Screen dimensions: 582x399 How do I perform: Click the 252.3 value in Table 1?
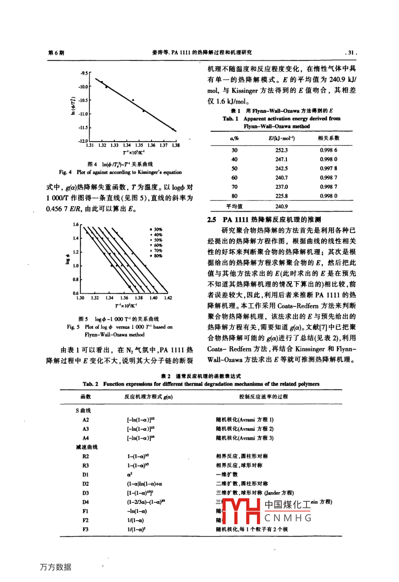tap(281, 150)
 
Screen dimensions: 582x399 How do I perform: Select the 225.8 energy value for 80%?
tap(281, 196)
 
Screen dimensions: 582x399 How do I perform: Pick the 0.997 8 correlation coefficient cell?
tap(328, 168)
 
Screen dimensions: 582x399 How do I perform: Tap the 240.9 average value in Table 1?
tap(281, 206)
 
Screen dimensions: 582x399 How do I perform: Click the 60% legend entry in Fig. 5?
tap(157, 245)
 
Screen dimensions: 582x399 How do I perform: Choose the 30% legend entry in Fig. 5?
tap(157, 229)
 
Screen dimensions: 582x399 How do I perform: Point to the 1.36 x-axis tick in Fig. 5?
tap(124, 298)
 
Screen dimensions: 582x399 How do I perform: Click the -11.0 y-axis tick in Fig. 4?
tap(83, 114)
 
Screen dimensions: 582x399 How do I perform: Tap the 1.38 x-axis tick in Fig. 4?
tap(176, 145)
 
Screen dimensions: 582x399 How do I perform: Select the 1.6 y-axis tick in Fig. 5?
tap(75, 225)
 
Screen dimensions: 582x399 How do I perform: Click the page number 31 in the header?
tap(351, 52)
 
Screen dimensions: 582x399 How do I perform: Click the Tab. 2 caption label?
tap(91, 384)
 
